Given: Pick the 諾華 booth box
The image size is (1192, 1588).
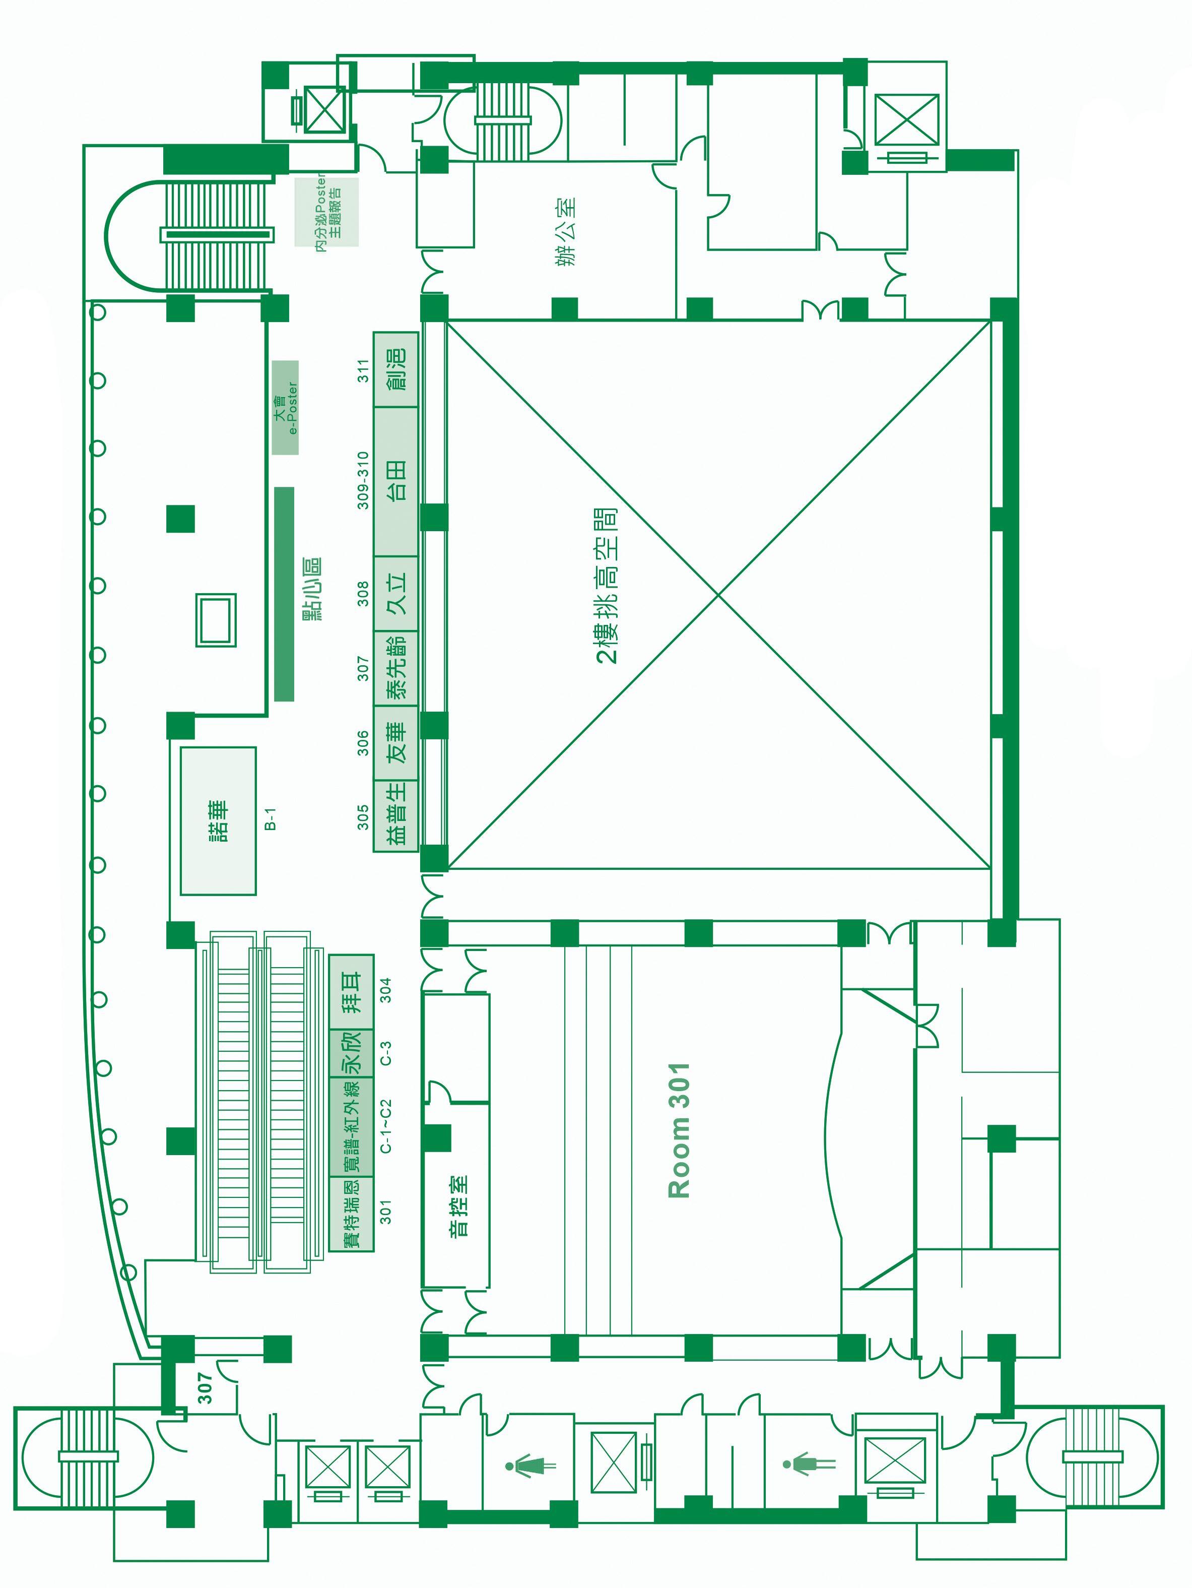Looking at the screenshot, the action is [x=218, y=820].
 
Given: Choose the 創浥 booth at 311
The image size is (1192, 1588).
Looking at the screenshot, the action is [x=396, y=370].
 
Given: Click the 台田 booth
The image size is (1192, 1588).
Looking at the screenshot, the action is [x=396, y=481].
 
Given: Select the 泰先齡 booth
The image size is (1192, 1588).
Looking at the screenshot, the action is [x=396, y=668].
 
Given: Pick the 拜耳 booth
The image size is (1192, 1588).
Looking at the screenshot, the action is [x=352, y=992].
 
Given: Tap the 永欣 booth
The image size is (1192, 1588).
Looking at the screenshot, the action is [x=352, y=1052].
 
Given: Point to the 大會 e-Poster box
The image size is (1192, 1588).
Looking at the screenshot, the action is [x=286, y=408].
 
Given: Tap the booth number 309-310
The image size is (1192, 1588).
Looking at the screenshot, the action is [x=364, y=480].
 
